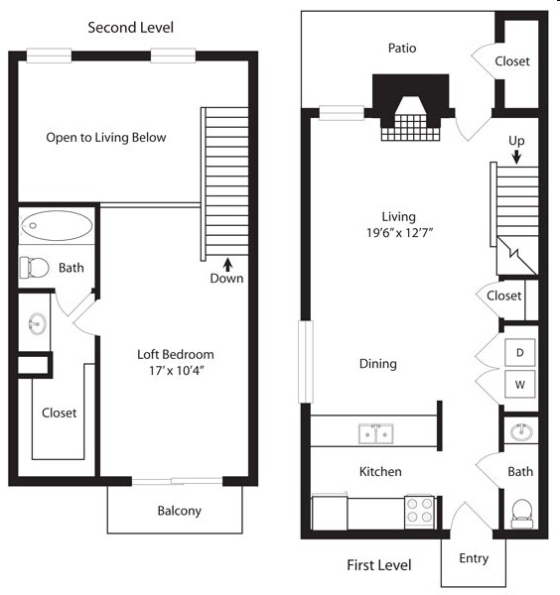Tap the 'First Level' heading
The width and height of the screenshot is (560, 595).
(x=378, y=565)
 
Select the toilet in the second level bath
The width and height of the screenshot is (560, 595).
(x=36, y=268)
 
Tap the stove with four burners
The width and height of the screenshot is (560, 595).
(x=419, y=511)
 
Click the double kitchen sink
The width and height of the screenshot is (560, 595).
(x=374, y=433)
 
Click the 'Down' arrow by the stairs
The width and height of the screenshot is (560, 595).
(x=227, y=265)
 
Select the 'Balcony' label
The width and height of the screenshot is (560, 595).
(x=180, y=512)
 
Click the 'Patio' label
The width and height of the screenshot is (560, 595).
(x=402, y=49)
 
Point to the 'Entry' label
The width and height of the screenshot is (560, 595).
(x=474, y=558)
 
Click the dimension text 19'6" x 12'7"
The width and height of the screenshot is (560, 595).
(x=398, y=235)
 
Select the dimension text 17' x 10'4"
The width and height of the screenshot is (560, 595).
(x=175, y=372)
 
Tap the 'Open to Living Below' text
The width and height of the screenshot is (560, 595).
(x=106, y=138)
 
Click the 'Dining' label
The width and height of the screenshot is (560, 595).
(x=378, y=364)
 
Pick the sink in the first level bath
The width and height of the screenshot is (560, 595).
(x=521, y=432)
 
